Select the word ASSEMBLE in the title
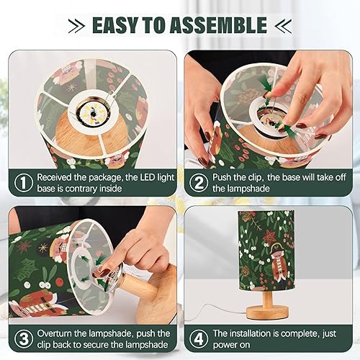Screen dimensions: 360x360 click(x=222, y=25)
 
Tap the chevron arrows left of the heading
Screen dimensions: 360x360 click(x=76, y=26)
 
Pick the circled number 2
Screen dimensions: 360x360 click(x=197, y=181)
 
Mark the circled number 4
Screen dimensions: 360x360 click(x=197, y=338)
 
